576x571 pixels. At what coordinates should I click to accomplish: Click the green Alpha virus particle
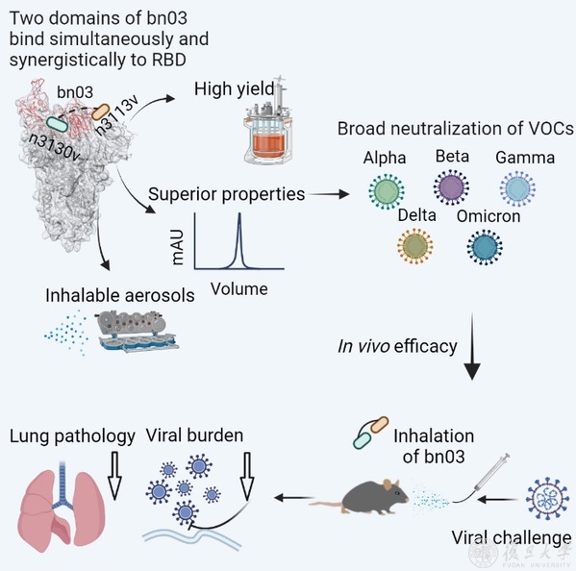point(387,191)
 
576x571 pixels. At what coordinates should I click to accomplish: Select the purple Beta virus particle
point(451,187)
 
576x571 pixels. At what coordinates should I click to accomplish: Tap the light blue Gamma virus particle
point(517,188)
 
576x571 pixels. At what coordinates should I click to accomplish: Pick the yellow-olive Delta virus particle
point(415,246)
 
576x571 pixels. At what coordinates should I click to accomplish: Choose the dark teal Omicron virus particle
point(485,247)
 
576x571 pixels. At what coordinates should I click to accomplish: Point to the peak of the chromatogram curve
point(239,213)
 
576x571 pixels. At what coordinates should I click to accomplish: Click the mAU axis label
point(178,247)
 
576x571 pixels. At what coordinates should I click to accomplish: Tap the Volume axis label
point(239,289)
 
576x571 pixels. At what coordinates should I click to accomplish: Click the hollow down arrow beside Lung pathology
point(114,476)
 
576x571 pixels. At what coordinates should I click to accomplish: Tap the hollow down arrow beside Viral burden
point(247,476)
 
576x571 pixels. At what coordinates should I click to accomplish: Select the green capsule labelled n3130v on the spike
point(58,124)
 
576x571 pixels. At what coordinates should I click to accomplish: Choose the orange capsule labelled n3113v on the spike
point(101,112)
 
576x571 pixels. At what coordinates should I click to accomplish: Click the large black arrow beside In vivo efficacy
point(472,346)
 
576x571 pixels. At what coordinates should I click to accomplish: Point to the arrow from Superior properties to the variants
point(329,194)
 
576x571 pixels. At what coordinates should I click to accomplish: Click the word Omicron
point(488,216)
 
